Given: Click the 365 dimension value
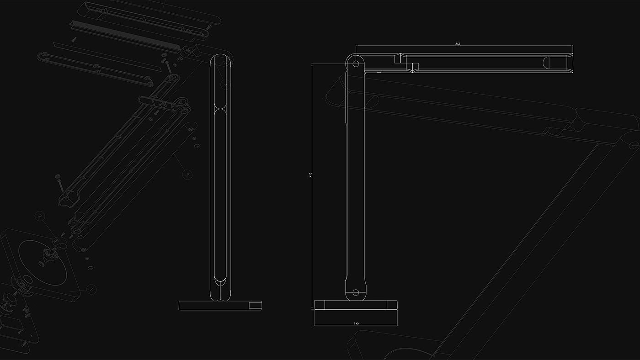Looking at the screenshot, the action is [458, 44].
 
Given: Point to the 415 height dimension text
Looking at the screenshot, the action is [310, 175].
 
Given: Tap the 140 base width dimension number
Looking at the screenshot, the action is [356, 323].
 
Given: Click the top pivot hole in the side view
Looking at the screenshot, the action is [356, 63].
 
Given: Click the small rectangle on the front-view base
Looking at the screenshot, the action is [255, 305].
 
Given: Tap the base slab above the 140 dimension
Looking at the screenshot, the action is [356, 305].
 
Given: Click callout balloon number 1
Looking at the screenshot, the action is [187, 174].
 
